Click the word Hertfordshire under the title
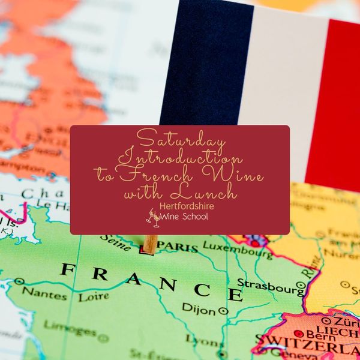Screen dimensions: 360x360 click(x=186, y=206)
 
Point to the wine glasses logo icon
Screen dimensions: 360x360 click(x=153, y=217)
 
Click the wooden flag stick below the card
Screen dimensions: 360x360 click(x=151, y=244)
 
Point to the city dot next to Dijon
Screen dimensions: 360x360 click(x=224, y=311)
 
